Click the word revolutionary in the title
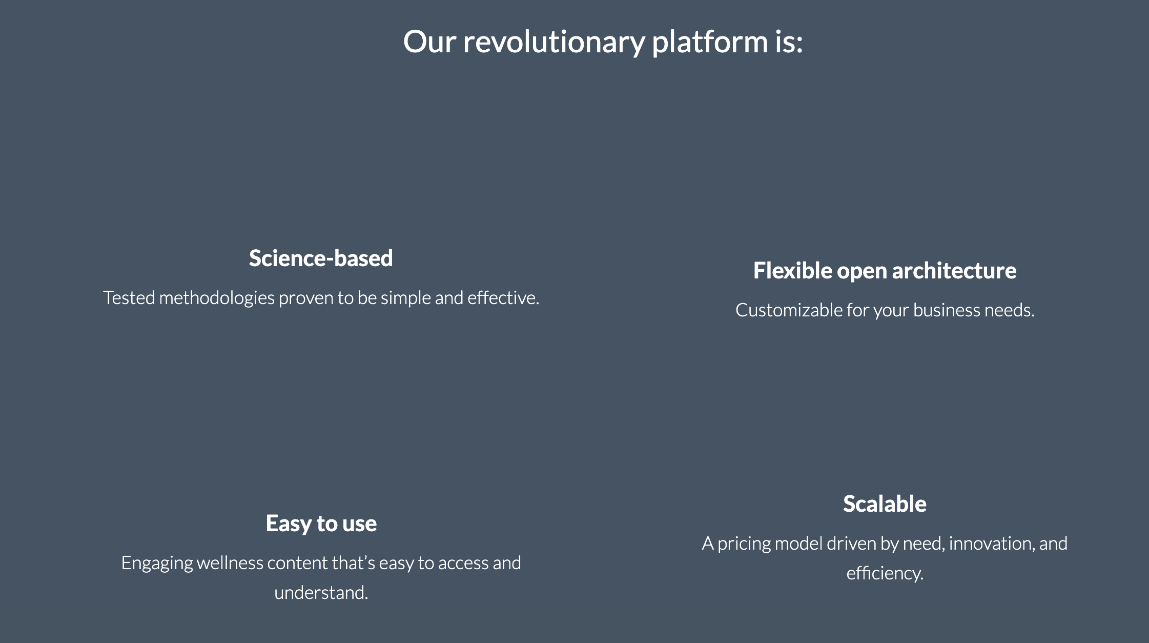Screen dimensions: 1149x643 coord(554,42)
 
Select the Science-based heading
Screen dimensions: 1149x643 coord(321,258)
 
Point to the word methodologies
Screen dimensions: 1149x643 coord(217,298)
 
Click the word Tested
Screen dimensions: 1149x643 coord(129,298)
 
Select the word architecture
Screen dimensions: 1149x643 coord(954,270)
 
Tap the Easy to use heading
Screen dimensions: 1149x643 coord(321,524)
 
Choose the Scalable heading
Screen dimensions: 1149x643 coord(885,504)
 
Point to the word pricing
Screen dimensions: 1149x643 coord(744,544)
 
